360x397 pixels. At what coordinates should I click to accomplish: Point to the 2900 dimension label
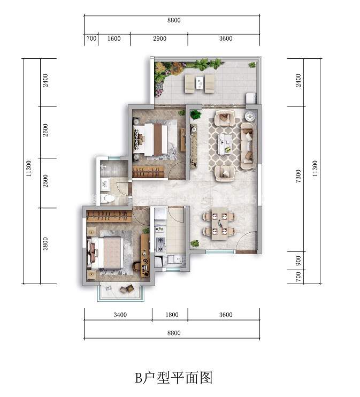[x=159, y=39]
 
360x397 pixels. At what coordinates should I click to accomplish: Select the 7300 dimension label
[x=298, y=177]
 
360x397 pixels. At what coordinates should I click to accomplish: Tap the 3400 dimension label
[x=120, y=315]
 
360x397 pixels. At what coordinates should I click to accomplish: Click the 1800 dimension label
[x=171, y=315]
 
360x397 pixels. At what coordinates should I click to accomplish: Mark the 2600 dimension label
[x=45, y=131]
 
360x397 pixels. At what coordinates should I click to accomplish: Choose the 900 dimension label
[x=298, y=260]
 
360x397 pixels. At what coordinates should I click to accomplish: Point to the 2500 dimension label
[x=45, y=182]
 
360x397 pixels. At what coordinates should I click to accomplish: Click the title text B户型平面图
[x=174, y=378]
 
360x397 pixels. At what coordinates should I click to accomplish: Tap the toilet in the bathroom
[x=110, y=199]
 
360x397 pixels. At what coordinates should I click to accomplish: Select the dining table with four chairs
[x=219, y=224]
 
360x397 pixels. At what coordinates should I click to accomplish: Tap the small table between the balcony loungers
[x=200, y=81]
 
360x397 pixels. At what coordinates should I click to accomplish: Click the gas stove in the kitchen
[x=160, y=244]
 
